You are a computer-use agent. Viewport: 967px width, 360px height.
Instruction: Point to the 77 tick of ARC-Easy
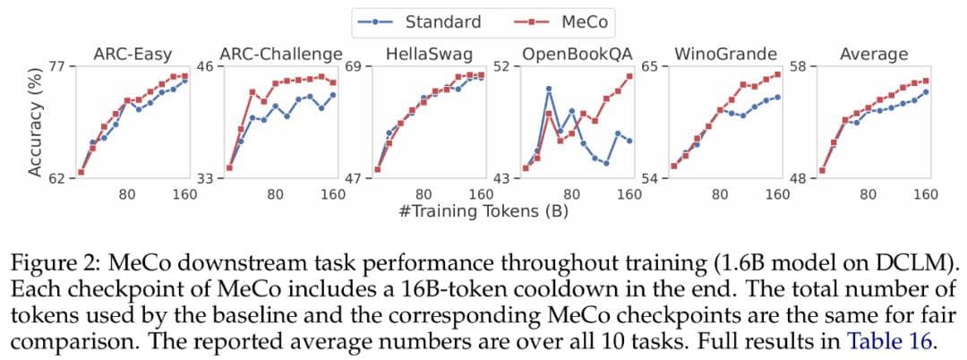tap(56, 66)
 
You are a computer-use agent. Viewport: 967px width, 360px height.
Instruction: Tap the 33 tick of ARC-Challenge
tap(204, 179)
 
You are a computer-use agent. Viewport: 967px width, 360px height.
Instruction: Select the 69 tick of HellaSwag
tap(353, 66)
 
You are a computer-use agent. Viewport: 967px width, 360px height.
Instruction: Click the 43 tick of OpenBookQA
tap(501, 179)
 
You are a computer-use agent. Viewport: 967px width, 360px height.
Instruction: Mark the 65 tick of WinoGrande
tap(649, 66)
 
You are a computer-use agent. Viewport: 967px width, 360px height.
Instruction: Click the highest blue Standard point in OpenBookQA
tap(548, 89)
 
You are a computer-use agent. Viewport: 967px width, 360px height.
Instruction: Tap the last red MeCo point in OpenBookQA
tap(629, 75)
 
